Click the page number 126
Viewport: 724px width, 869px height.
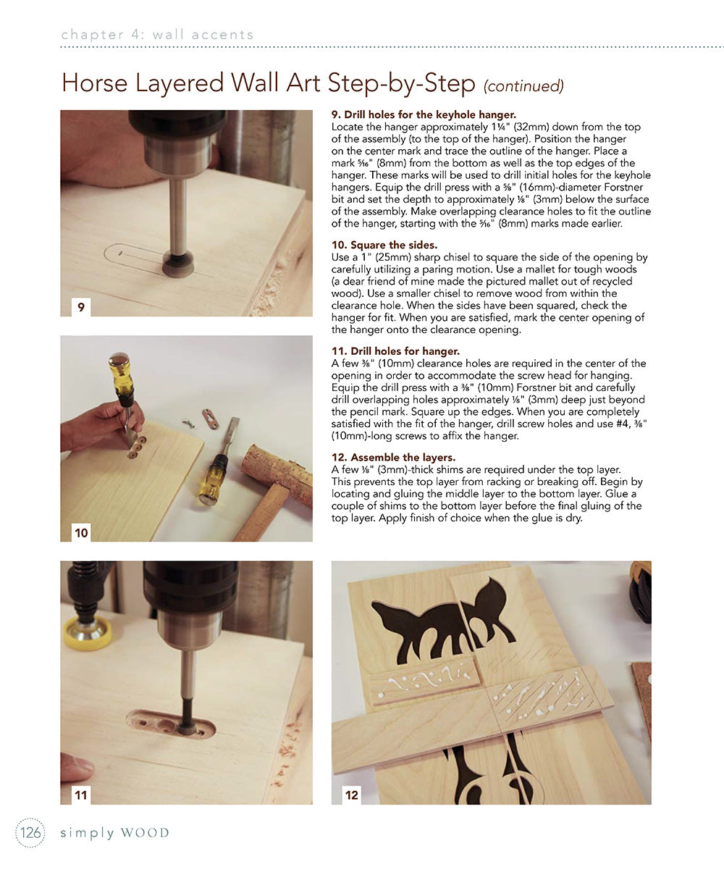tap(30, 833)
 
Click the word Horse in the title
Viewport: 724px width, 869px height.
tap(94, 83)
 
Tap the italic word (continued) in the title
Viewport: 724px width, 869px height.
tap(523, 85)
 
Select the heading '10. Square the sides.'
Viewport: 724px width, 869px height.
tap(384, 245)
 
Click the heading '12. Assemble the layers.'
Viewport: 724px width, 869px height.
tap(393, 458)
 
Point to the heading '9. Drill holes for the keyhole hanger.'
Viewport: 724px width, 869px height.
tap(424, 114)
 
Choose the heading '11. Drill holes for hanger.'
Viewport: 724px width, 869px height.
tap(395, 351)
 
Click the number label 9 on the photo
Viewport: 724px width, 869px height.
tap(81, 307)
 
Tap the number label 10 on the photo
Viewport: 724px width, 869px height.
tap(81, 532)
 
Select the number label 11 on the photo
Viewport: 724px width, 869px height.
tap(81, 795)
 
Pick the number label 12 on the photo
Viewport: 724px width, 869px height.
tap(352, 795)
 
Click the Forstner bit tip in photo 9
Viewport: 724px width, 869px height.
tap(178, 264)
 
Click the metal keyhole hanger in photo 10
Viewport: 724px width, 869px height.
tap(211, 419)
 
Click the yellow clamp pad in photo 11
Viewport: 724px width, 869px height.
tap(88, 634)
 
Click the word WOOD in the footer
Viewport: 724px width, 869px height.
tap(146, 833)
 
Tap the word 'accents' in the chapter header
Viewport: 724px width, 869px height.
tap(222, 35)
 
